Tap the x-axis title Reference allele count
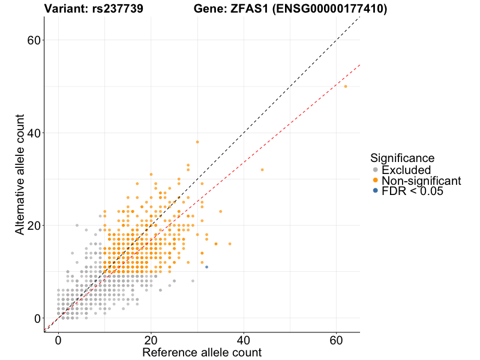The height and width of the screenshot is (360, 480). (x=202, y=352)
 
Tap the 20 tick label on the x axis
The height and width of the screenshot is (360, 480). (x=151, y=339)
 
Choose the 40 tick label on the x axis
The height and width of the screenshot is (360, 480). (x=244, y=339)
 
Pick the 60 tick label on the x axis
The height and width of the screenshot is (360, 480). (x=336, y=339)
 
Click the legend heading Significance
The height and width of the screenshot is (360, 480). (x=402, y=158)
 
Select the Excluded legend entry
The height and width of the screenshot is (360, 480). (x=406, y=170)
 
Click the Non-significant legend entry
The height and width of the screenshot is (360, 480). (x=421, y=181)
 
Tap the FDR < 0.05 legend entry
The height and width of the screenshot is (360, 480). (x=410, y=191)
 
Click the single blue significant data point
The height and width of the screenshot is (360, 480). (x=206, y=266)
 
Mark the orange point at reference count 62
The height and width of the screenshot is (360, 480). (x=346, y=86)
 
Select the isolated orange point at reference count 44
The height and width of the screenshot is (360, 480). (x=262, y=170)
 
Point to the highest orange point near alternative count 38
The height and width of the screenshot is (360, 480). (x=197, y=142)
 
